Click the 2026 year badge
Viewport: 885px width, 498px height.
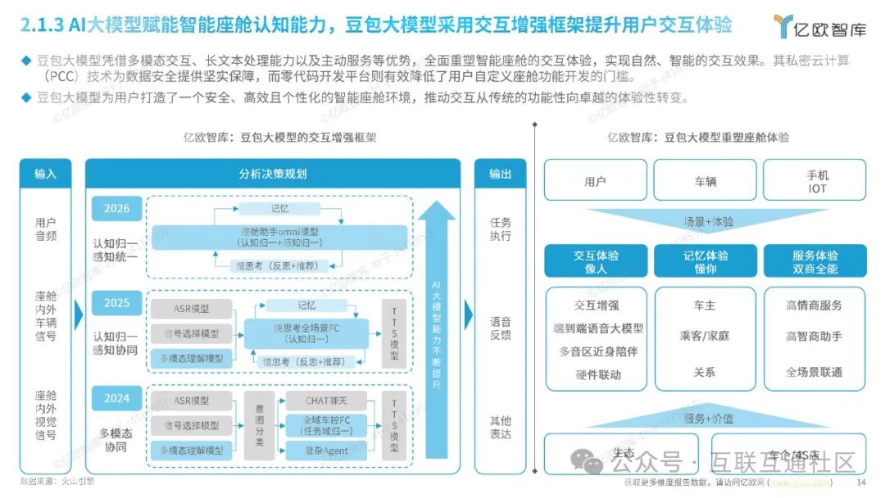[117, 208]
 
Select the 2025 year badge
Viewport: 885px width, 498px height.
[117, 303]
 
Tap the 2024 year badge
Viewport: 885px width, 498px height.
[117, 399]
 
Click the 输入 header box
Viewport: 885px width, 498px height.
[46, 174]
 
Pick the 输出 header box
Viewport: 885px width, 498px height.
[500, 174]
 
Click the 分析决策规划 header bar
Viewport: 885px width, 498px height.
[273, 174]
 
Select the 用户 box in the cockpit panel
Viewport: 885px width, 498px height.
[595, 181]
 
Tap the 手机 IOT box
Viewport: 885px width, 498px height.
[817, 181]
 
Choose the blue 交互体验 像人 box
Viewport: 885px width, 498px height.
[596, 261]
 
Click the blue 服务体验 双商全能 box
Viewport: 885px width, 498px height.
[815, 261]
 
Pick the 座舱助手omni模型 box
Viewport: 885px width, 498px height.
[280, 238]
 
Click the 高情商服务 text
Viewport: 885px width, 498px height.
[814, 306]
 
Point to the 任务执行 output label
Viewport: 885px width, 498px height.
[500, 229]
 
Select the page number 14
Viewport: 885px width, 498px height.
[860, 481]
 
